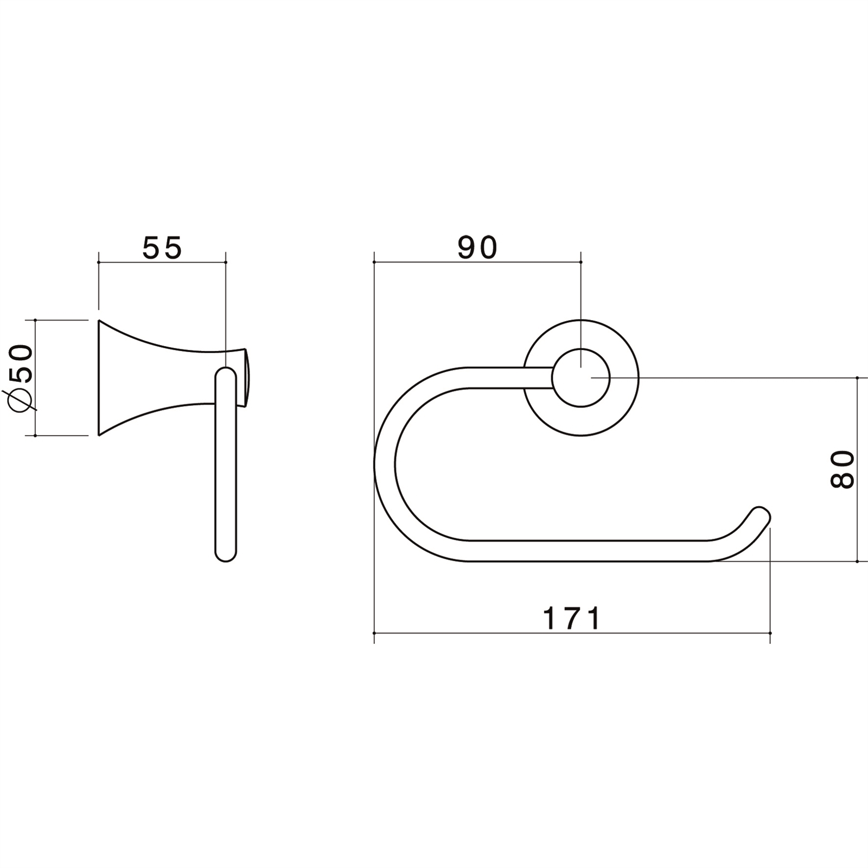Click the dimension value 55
tap(162, 248)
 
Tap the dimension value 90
tap(477, 248)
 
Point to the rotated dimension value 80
tap(842, 469)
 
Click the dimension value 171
tap(572, 618)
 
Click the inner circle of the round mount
tap(581, 378)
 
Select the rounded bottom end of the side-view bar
tap(226, 554)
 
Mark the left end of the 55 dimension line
tap(98, 262)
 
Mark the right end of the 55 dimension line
tap(226, 262)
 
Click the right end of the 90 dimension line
tap(581, 262)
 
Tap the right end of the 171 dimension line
tap(770, 633)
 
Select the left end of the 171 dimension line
tap(374, 633)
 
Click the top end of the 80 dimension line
tap(857, 378)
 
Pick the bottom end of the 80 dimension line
tap(857, 561)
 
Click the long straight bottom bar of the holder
tap(586, 551)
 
